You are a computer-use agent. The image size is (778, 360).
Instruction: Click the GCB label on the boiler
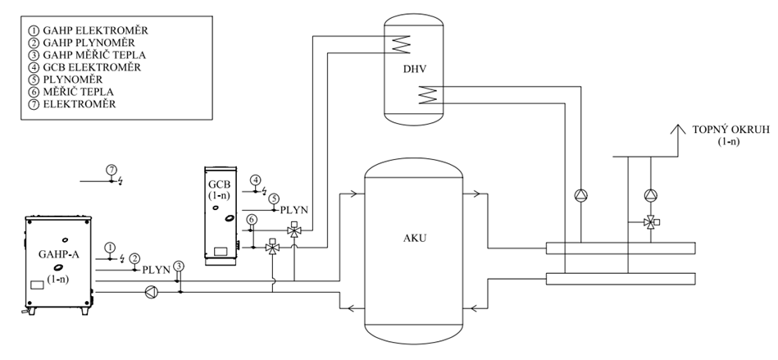pos(217,184)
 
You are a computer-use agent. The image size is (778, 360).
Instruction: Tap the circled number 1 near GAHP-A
pos(109,246)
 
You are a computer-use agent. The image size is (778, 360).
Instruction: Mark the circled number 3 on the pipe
pos(180,265)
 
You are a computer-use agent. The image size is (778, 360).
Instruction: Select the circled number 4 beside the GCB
pos(256,180)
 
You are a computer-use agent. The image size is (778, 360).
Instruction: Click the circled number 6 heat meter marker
pos(253,219)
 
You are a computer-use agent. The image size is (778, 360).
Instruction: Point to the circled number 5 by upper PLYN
pos(273,198)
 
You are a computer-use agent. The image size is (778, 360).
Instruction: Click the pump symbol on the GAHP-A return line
pos(150,290)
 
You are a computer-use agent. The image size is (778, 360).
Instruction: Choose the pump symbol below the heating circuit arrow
pos(650,195)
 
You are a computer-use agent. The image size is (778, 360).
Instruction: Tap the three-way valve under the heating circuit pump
pos(650,222)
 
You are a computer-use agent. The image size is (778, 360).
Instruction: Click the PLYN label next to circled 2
pos(157,269)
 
